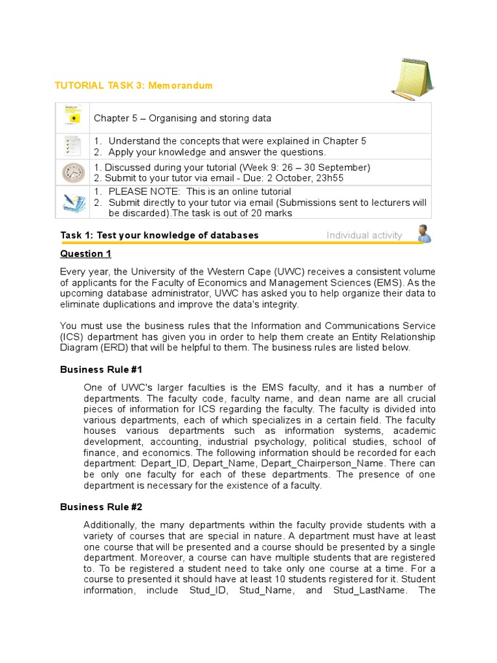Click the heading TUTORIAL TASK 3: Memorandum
136,85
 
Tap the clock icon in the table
73,173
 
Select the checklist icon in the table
73,146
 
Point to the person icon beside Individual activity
424,234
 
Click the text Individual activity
364,235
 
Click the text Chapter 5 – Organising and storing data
182,118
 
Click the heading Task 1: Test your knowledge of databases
159,235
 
